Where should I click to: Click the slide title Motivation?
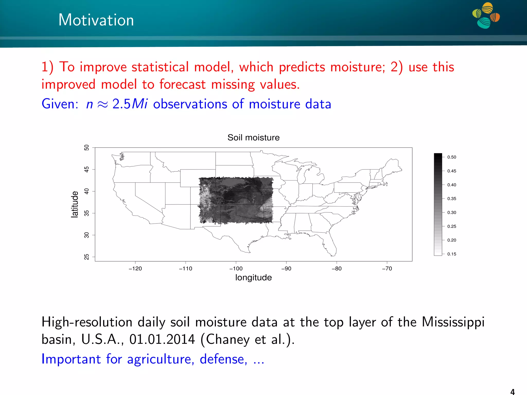[96, 20]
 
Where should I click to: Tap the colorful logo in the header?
[486, 15]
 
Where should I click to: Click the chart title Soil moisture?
[253, 138]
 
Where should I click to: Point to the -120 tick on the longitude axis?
[135, 268]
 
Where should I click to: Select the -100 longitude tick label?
[236, 268]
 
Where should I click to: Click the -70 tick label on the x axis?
[387, 268]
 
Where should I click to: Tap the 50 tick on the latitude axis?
[87, 148]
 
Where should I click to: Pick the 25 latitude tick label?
[87, 257]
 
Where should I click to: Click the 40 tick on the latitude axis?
[87, 191]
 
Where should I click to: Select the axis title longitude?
[253, 277]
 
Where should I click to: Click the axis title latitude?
[75, 204]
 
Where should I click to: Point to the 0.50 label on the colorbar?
[452, 157]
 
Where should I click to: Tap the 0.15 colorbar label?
[452, 254]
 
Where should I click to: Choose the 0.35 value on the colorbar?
[452, 199]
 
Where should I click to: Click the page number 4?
[512, 392]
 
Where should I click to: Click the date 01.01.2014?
[162, 339]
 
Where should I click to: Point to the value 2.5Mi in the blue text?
[130, 104]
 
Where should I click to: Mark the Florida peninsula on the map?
[331, 246]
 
